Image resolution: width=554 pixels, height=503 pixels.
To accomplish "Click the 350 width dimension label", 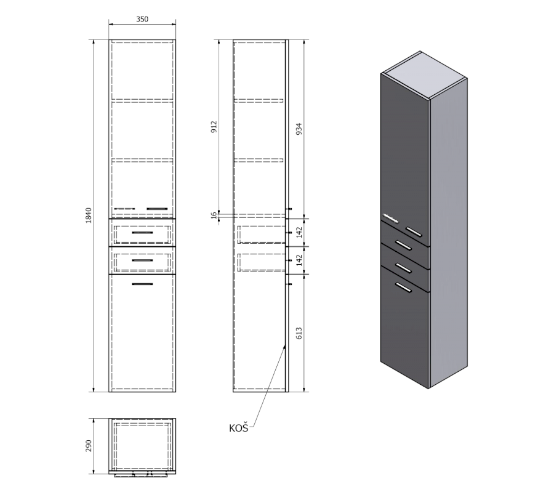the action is (x=142, y=19).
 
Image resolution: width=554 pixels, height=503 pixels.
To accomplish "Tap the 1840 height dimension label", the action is (x=88, y=215).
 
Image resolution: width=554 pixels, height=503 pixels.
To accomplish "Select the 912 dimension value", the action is (x=214, y=127).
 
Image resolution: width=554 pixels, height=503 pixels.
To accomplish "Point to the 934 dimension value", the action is (x=299, y=129).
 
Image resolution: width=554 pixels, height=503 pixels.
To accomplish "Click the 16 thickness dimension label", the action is (x=214, y=215).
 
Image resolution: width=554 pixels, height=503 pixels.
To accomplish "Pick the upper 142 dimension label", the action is (x=299, y=232).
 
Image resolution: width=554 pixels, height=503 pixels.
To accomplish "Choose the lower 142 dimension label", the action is (x=299, y=260).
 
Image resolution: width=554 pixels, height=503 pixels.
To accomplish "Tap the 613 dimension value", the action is (x=299, y=333).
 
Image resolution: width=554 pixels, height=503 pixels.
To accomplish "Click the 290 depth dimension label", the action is (x=88, y=446).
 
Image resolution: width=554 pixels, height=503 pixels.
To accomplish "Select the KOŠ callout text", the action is (x=238, y=428).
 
